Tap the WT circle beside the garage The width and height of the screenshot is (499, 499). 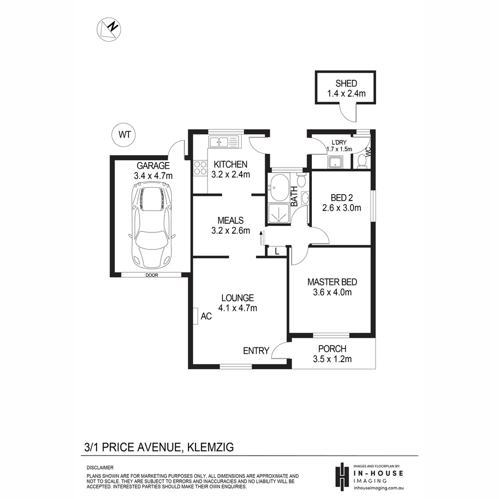(x=124, y=135)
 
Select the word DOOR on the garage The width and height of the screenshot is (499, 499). (x=151, y=275)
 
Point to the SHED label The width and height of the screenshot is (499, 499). (x=346, y=84)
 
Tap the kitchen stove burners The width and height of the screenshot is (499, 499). (x=201, y=167)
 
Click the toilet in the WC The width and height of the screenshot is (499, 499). (x=362, y=161)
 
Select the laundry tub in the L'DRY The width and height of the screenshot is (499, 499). (x=335, y=162)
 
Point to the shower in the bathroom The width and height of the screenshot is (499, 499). (x=279, y=213)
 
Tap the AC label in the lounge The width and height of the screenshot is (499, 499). (x=206, y=316)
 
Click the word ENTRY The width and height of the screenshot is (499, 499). (x=256, y=351)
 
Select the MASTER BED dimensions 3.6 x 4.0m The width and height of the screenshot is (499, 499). (x=332, y=292)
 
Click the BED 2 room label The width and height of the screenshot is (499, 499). (x=341, y=198)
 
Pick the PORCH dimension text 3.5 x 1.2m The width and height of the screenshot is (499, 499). (x=332, y=359)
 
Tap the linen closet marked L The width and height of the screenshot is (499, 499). (x=276, y=252)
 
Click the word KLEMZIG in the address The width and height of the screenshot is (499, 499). (x=210, y=447)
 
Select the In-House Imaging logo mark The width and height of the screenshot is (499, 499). (x=341, y=475)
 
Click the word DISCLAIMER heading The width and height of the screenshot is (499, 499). (x=100, y=468)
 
